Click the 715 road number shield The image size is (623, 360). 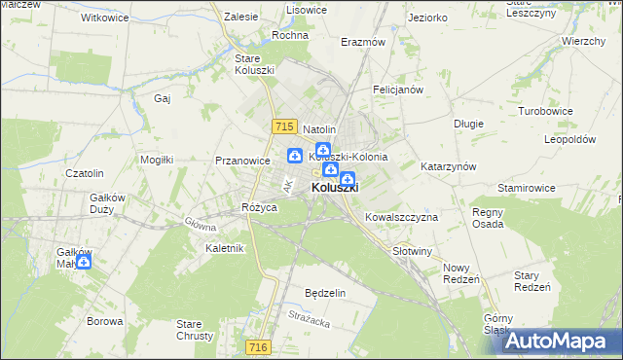pyautogui.click(x=284, y=126)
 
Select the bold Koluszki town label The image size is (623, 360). pyautogui.click(x=335, y=188)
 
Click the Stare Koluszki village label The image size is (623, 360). pyautogui.click(x=255, y=64)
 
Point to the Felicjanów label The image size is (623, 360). pyautogui.click(x=397, y=90)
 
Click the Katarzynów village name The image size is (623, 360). pyautogui.click(x=448, y=166)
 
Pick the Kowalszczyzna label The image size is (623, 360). pyautogui.click(x=401, y=217)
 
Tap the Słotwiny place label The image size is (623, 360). pyautogui.click(x=412, y=251)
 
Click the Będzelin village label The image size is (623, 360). pyautogui.click(x=325, y=293)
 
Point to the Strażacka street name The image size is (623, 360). pyautogui.click(x=311, y=315)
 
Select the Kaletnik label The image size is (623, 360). pyautogui.click(x=225, y=248)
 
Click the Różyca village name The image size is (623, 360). pyautogui.click(x=260, y=208)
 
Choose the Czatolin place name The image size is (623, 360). pyautogui.click(x=84, y=173)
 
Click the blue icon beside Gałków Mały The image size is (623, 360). pyautogui.click(x=84, y=261)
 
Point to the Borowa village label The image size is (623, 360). pyautogui.click(x=104, y=321)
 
